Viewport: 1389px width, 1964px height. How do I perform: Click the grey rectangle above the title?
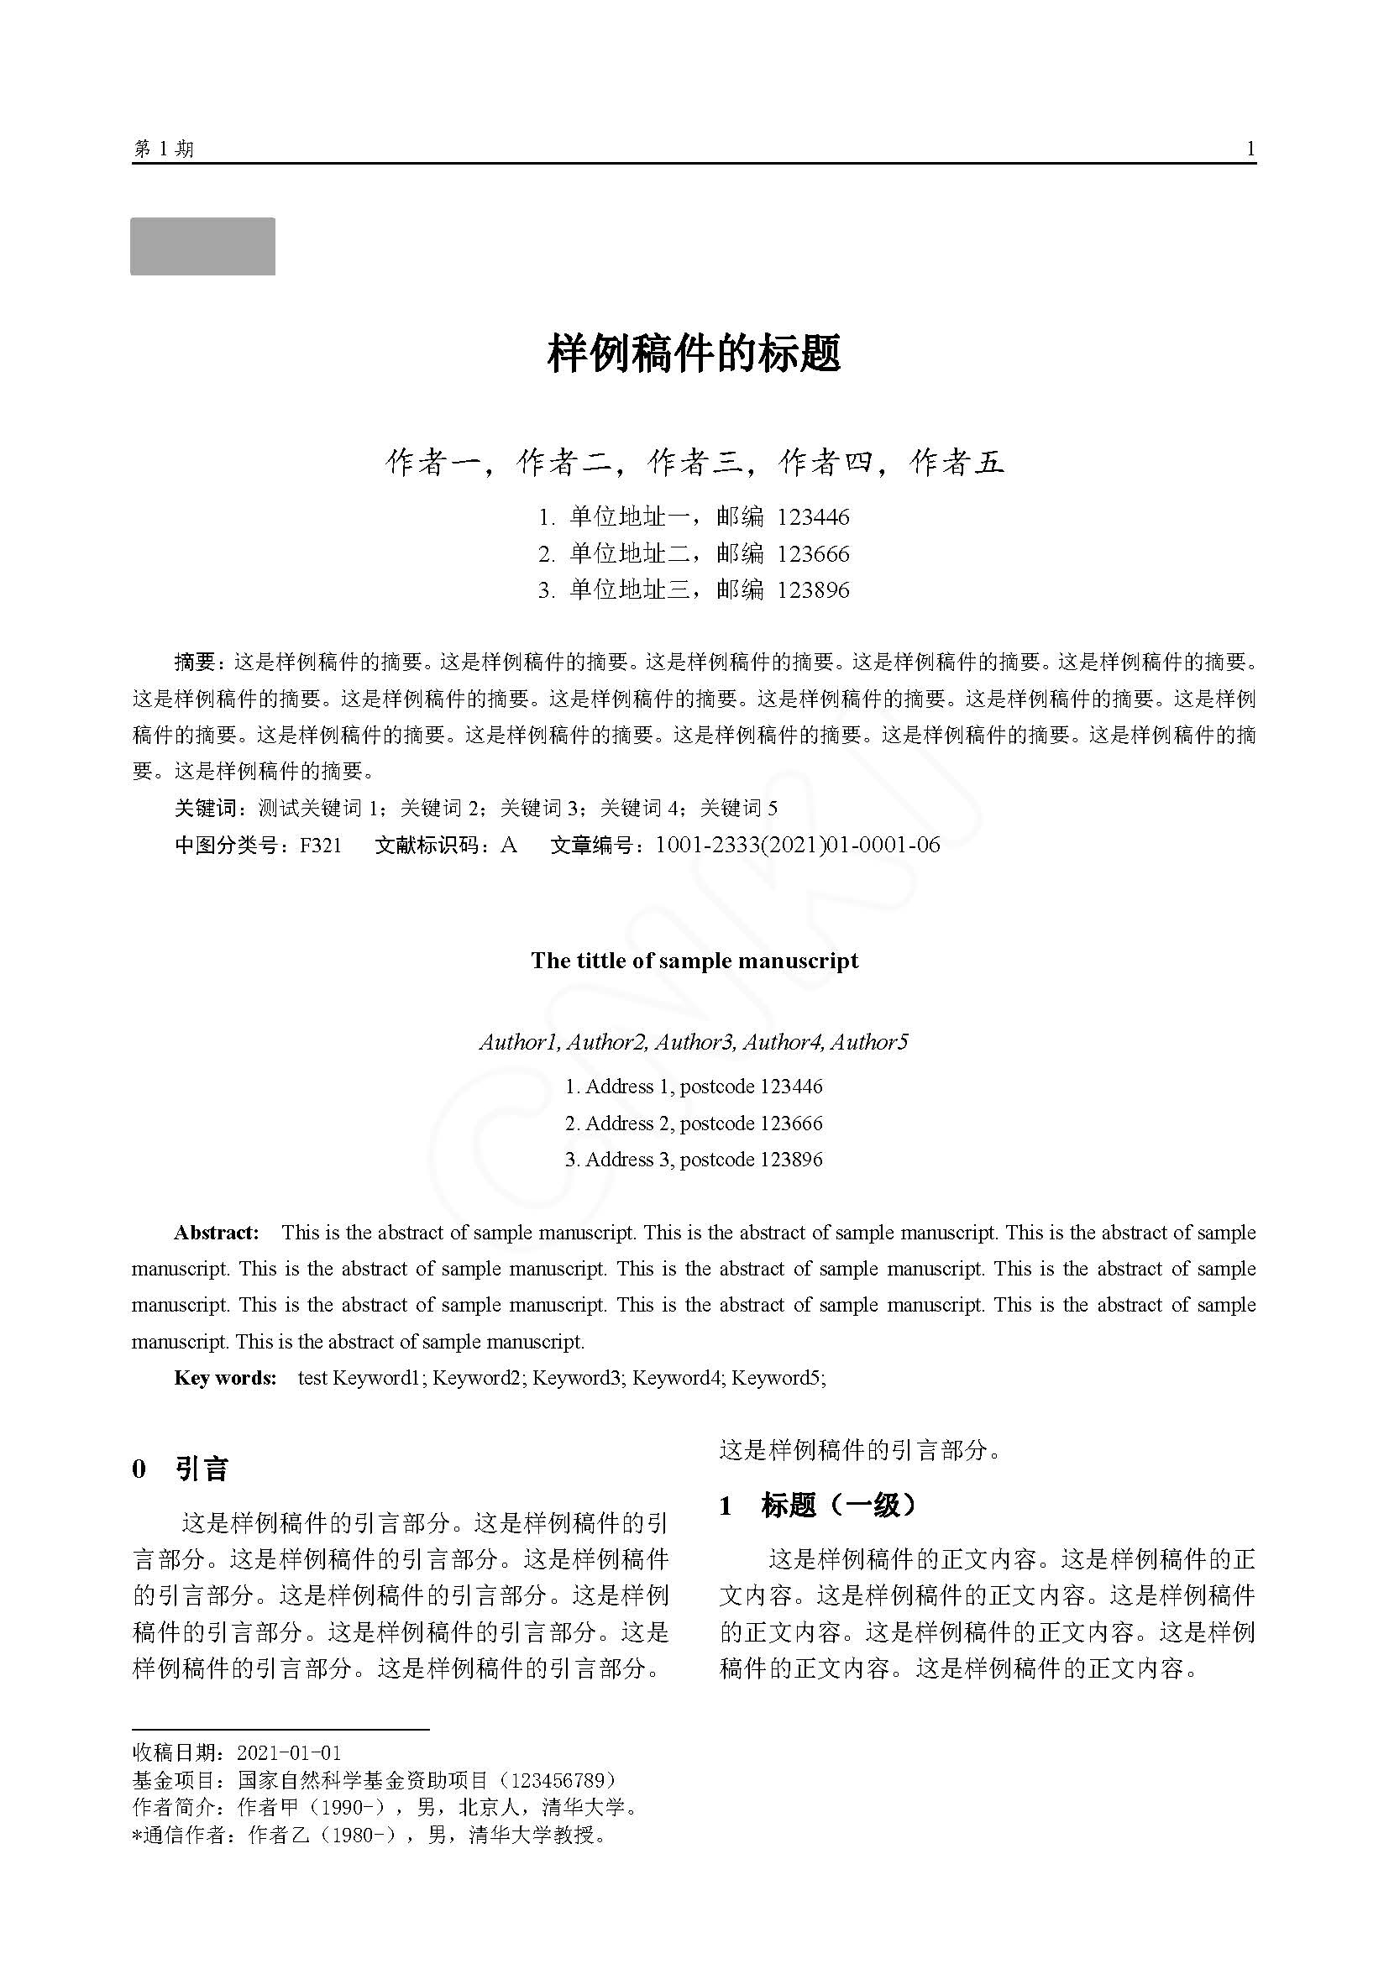click(202, 246)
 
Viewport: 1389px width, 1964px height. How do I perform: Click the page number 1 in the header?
click(1250, 149)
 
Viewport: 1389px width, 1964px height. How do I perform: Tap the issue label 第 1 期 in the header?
click(164, 149)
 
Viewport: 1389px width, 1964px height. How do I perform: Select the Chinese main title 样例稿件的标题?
click(694, 353)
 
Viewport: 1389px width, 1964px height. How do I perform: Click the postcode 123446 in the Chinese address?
click(813, 517)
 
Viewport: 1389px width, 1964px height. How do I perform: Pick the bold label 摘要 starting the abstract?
click(195, 662)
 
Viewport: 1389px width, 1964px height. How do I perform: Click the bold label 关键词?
click(205, 809)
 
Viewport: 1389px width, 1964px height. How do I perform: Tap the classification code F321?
click(321, 846)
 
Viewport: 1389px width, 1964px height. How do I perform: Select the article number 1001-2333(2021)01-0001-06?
click(797, 846)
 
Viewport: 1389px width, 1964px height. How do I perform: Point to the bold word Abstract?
click(216, 1233)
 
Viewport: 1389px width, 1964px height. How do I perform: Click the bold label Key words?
click(225, 1378)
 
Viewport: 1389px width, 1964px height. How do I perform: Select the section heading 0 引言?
click(181, 1469)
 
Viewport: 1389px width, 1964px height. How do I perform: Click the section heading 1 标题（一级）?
click(817, 1506)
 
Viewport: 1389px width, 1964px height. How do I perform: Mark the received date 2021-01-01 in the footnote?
click(289, 1752)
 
